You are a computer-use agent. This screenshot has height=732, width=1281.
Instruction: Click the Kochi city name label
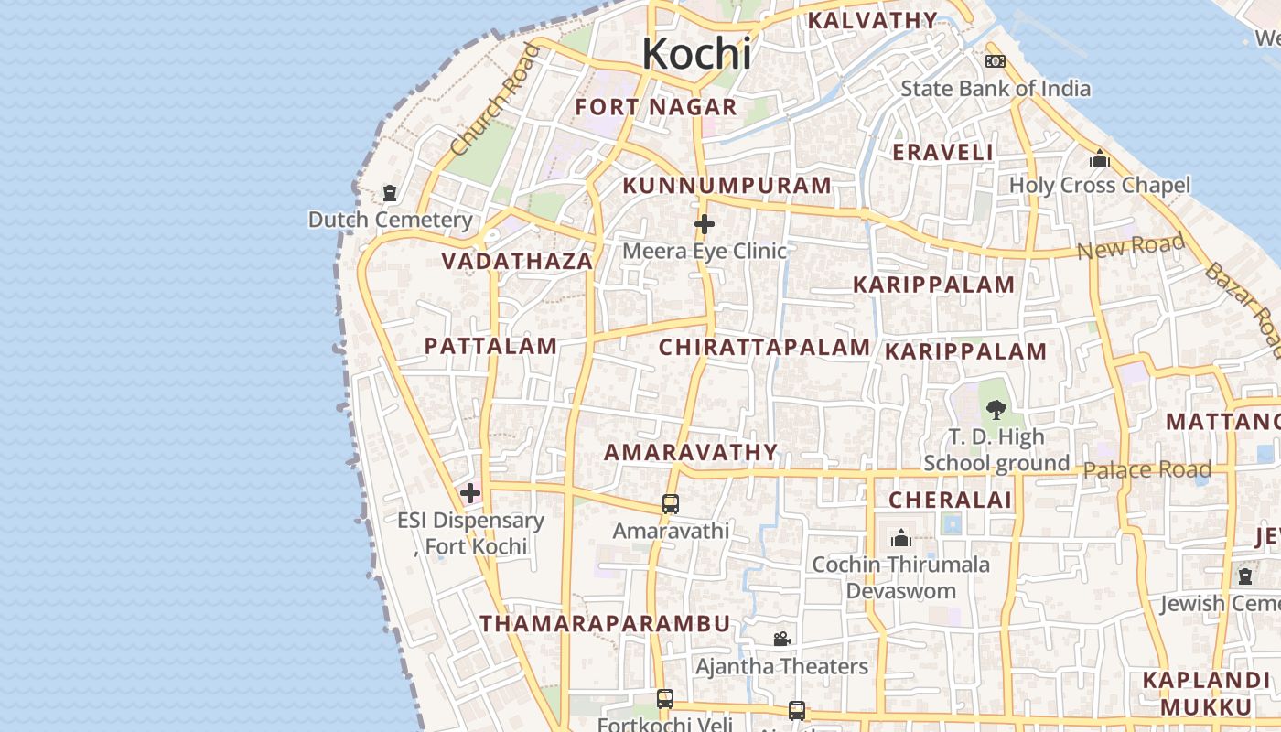[696, 53]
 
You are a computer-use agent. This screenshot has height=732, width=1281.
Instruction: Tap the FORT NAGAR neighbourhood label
[656, 107]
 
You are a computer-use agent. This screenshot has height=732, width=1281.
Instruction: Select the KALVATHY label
[873, 20]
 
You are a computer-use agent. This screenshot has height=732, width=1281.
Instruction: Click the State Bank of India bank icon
[996, 61]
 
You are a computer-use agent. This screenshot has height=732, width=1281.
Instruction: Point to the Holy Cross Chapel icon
[1100, 159]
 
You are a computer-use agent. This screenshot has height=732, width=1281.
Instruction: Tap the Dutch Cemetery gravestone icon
[391, 193]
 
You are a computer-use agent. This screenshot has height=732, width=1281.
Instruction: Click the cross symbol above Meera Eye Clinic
[705, 224]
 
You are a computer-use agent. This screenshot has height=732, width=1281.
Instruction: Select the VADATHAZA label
[518, 261]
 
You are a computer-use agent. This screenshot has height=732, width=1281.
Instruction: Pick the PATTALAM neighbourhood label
[490, 346]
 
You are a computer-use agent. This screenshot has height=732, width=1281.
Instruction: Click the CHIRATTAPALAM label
[765, 348]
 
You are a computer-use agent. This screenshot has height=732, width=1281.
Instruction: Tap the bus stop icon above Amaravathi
[671, 504]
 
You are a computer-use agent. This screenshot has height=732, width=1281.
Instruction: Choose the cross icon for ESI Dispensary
[470, 493]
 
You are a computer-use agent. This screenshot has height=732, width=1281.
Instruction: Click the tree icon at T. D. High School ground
[996, 410]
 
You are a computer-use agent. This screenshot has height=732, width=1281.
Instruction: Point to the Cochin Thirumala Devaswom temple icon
[901, 538]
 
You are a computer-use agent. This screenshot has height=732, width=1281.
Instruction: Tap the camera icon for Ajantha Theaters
[781, 639]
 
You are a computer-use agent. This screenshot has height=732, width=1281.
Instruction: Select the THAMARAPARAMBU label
[606, 624]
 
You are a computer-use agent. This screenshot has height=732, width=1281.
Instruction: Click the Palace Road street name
[1147, 470]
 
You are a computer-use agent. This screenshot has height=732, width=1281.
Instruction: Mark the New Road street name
[1131, 246]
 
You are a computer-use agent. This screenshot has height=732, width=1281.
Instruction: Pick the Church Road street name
[495, 100]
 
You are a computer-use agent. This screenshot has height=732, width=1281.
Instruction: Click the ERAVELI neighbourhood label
[942, 153]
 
